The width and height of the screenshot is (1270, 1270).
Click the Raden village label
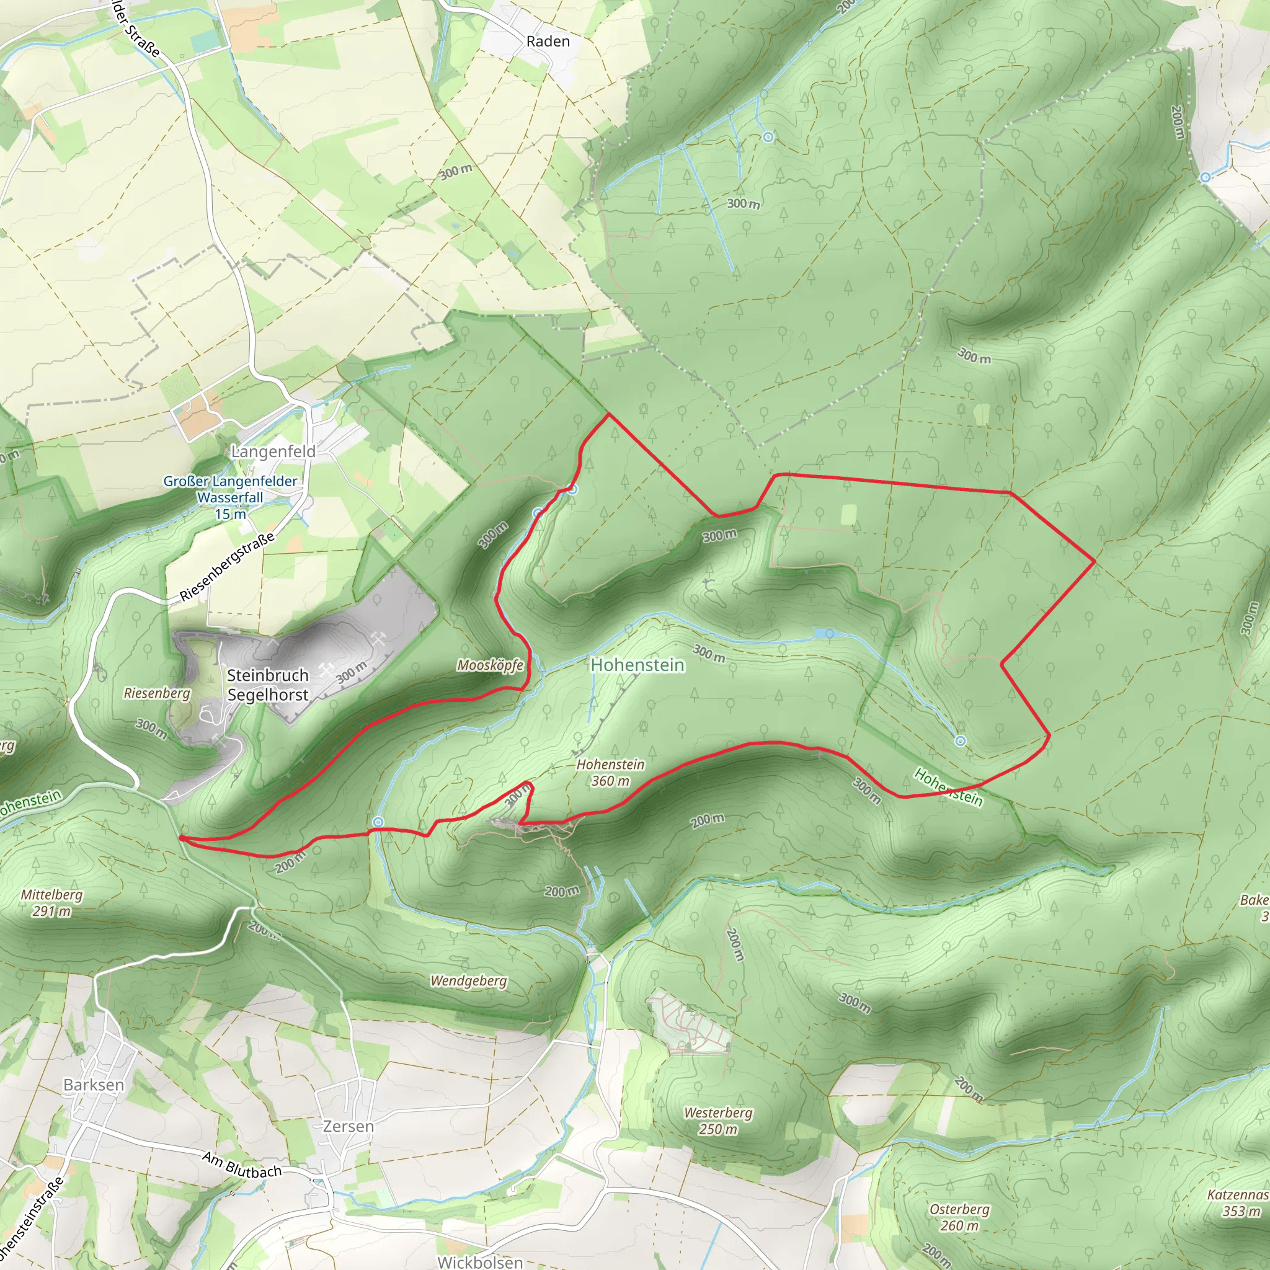548,42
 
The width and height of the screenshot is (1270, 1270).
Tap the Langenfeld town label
273,451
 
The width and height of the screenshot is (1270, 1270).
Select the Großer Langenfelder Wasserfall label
230,497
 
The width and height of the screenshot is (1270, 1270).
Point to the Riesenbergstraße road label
227,567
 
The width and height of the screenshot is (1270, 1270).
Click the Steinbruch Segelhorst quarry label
267,685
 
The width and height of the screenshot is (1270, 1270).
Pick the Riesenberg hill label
156,693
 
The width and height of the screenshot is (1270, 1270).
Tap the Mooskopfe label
491,665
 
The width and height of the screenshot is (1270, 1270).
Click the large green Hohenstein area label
637,665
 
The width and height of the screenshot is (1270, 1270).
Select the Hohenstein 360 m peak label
610,773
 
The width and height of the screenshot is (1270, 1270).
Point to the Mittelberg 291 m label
51,902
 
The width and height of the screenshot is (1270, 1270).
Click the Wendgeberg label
468,981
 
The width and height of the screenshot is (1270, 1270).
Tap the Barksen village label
94,1085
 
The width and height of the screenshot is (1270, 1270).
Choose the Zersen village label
348,1127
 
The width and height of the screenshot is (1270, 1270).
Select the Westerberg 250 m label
718,1121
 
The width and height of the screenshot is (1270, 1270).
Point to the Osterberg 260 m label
959,1217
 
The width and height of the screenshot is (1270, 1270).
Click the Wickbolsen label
480,1262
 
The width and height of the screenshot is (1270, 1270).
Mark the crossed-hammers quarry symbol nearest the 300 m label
327,670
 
